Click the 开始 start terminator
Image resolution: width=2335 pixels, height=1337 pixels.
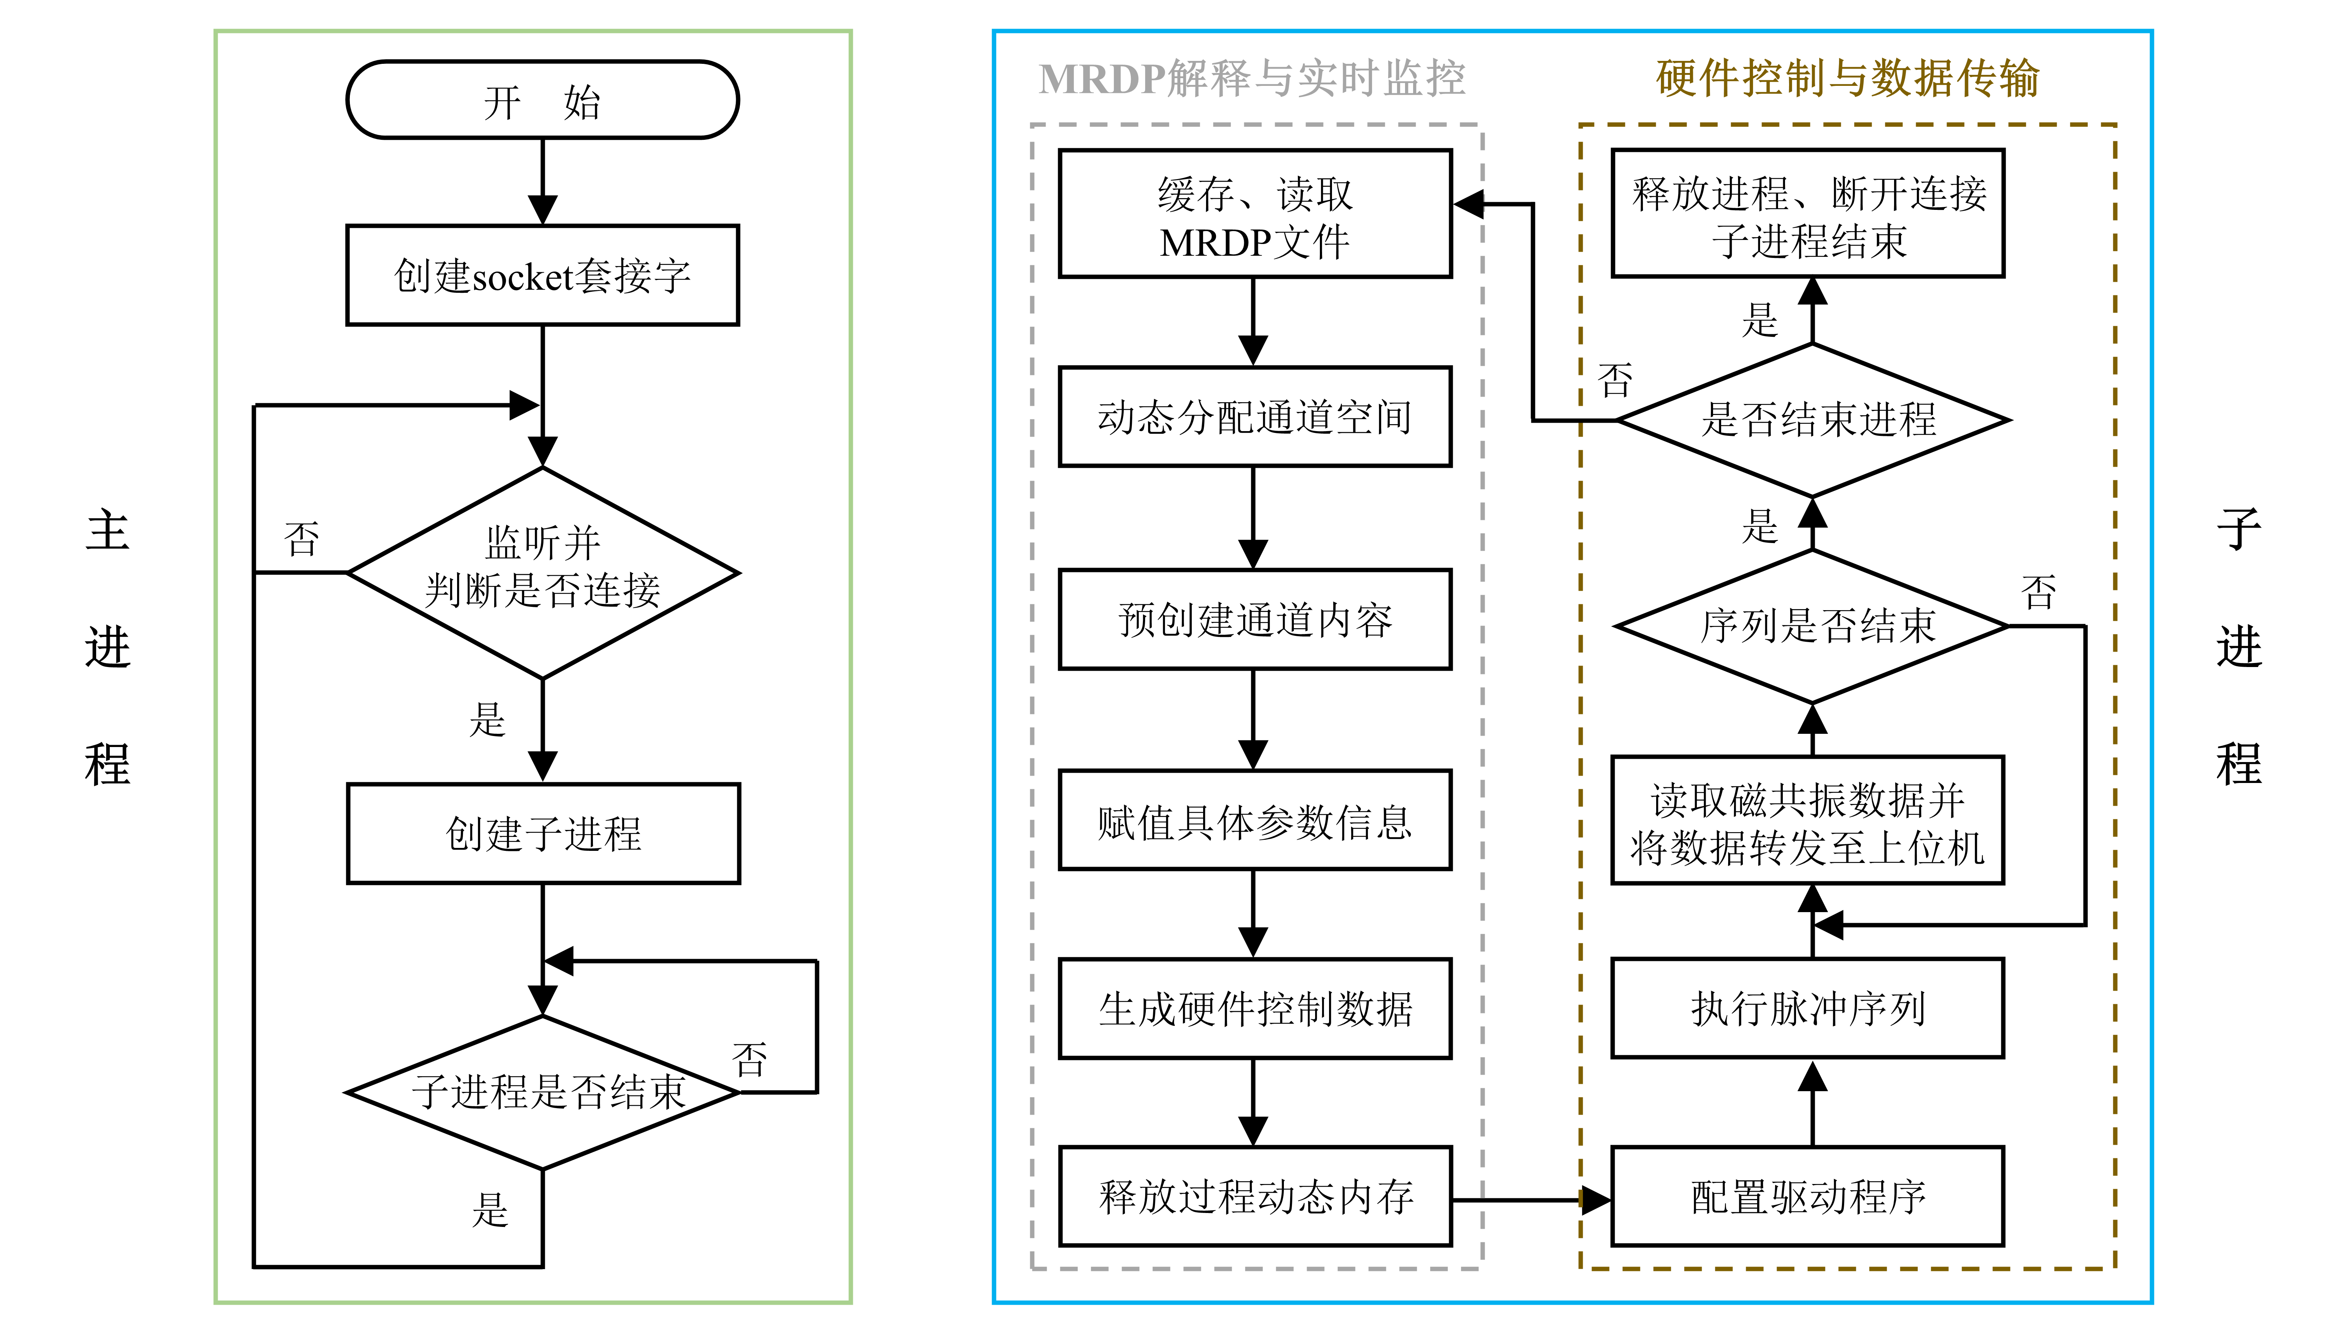pos(542,100)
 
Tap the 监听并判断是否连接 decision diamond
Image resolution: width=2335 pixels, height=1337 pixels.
pos(542,572)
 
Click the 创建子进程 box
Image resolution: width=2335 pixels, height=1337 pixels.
pos(543,833)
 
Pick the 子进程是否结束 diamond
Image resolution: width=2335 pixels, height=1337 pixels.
pos(543,1092)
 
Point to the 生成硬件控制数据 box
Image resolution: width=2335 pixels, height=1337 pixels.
pos(1255,1008)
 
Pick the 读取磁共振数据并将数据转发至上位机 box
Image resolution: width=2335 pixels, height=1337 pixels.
pos(1808,820)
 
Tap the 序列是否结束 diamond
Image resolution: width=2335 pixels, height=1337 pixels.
pos(1811,626)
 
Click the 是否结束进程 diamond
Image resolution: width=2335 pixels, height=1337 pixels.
pos(1813,420)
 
